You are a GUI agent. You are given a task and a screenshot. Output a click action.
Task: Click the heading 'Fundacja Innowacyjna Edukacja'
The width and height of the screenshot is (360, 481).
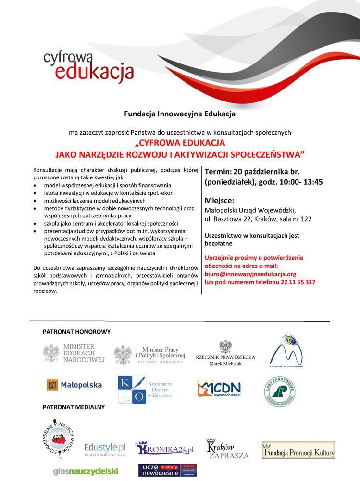pyautogui.click(x=179, y=114)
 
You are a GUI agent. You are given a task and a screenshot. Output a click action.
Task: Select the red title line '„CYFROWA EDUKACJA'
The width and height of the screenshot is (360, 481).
pyautogui.click(x=180, y=143)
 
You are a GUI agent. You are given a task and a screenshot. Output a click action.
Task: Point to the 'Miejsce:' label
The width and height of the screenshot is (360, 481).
pyautogui.click(x=220, y=200)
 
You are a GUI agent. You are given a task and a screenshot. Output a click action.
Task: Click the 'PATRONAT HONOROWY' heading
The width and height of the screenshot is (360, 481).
pyautogui.click(x=76, y=332)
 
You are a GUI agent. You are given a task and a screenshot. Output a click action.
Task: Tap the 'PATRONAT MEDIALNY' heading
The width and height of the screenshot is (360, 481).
pyautogui.click(x=74, y=407)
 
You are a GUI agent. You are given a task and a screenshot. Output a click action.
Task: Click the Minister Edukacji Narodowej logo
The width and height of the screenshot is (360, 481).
pyautogui.click(x=74, y=353)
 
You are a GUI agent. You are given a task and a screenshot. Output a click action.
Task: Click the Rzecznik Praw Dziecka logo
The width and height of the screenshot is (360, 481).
pyautogui.click(x=225, y=354)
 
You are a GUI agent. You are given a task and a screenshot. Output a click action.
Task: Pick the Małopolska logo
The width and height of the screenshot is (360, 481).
pyautogui.click(x=74, y=385)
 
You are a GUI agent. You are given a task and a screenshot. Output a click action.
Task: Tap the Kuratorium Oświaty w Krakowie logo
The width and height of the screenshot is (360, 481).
pyautogui.click(x=145, y=390)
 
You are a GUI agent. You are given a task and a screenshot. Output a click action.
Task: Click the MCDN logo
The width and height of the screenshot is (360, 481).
pyautogui.click(x=219, y=387)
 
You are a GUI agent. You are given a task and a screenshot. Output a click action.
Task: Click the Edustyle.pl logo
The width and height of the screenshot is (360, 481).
pyautogui.click(x=105, y=449)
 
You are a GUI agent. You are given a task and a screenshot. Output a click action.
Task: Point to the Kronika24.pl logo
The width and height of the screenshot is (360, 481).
pyautogui.click(x=165, y=449)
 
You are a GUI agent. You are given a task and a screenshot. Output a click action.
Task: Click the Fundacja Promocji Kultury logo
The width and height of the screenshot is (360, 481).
pyautogui.click(x=298, y=451)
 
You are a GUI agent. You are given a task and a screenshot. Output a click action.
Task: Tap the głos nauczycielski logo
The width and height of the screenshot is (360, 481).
pyautogui.click(x=86, y=471)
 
